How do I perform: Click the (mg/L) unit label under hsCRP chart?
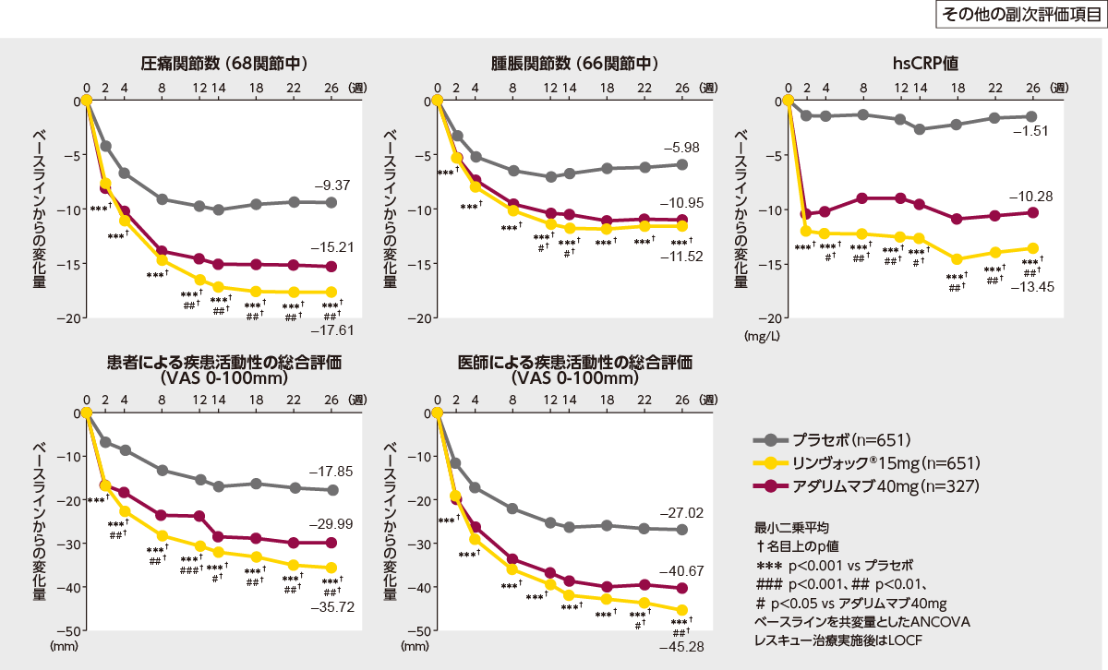762,337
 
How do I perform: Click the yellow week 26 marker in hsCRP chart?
1033,248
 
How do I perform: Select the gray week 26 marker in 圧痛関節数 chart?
331,202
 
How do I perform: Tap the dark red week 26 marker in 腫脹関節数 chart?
682,220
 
